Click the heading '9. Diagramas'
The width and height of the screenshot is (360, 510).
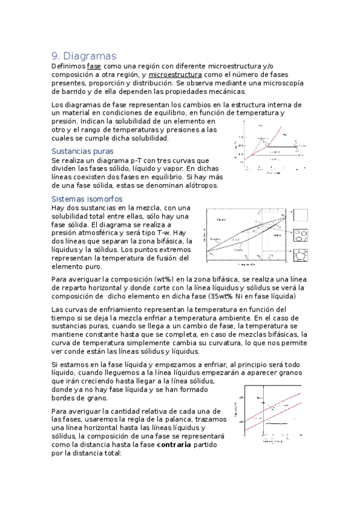point(84,56)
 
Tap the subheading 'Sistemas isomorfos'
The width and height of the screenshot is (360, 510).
point(87,198)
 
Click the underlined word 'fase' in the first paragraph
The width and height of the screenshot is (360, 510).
point(94,66)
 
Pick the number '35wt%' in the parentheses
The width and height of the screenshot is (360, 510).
point(221,296)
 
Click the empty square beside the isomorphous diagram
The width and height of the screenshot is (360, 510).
point(301,215)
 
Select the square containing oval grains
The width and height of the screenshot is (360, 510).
point(301,236)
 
